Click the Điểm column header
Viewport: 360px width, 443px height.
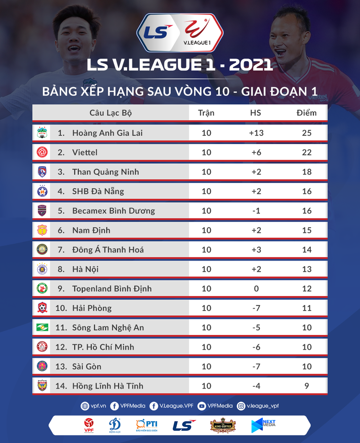[x=306, y=113]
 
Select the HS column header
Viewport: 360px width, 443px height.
[x=256, y=113]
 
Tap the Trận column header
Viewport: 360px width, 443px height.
[x=206, y=113]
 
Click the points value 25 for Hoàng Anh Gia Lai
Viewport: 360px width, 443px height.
[x=306, y=133]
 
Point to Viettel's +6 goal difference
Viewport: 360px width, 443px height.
[x=256, y=153]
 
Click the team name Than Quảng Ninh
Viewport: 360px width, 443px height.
[x=105, y=172]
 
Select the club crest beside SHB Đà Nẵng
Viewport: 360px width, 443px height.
[x=42, y=191]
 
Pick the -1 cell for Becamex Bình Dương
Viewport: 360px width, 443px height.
[x=256, y=211]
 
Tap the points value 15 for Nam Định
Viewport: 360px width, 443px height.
[x=306, y=230]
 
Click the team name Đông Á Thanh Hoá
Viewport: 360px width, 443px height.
[x=108, y=250]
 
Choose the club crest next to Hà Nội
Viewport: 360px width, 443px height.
[x=42, y=269]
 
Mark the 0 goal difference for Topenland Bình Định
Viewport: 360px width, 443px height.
[x=256, y=289]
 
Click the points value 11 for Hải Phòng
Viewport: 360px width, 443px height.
[x=306, y=308]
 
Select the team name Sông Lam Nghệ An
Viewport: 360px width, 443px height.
[x=108, y=327]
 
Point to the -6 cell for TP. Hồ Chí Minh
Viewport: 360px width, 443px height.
[x=256, y=347]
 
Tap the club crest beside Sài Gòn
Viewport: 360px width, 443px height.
[x=42, y=366]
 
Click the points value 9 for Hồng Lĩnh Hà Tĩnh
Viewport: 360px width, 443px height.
[x=306, y=386]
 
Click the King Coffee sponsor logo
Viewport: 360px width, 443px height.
[x=223, y=425]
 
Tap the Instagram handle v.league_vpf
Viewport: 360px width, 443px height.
[x=263, y=406]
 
